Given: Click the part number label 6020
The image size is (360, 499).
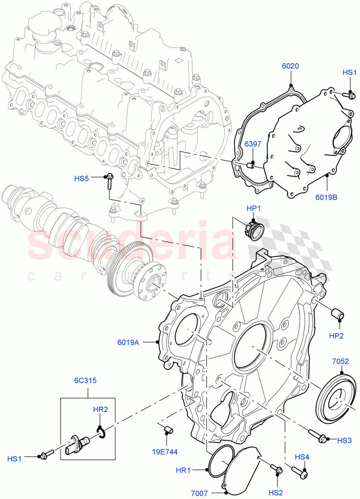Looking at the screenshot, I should click(290, 66).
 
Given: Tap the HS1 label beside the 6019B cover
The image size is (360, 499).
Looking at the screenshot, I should click(350, 73).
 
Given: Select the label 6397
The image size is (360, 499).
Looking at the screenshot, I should click(253, 144).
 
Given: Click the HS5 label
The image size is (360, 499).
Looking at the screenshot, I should click(82, 179).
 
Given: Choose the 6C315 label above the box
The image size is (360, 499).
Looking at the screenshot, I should click(82, 380).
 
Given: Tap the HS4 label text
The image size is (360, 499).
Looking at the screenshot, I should click(302, 457).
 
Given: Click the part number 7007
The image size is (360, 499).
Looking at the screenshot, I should click(199, 493).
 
